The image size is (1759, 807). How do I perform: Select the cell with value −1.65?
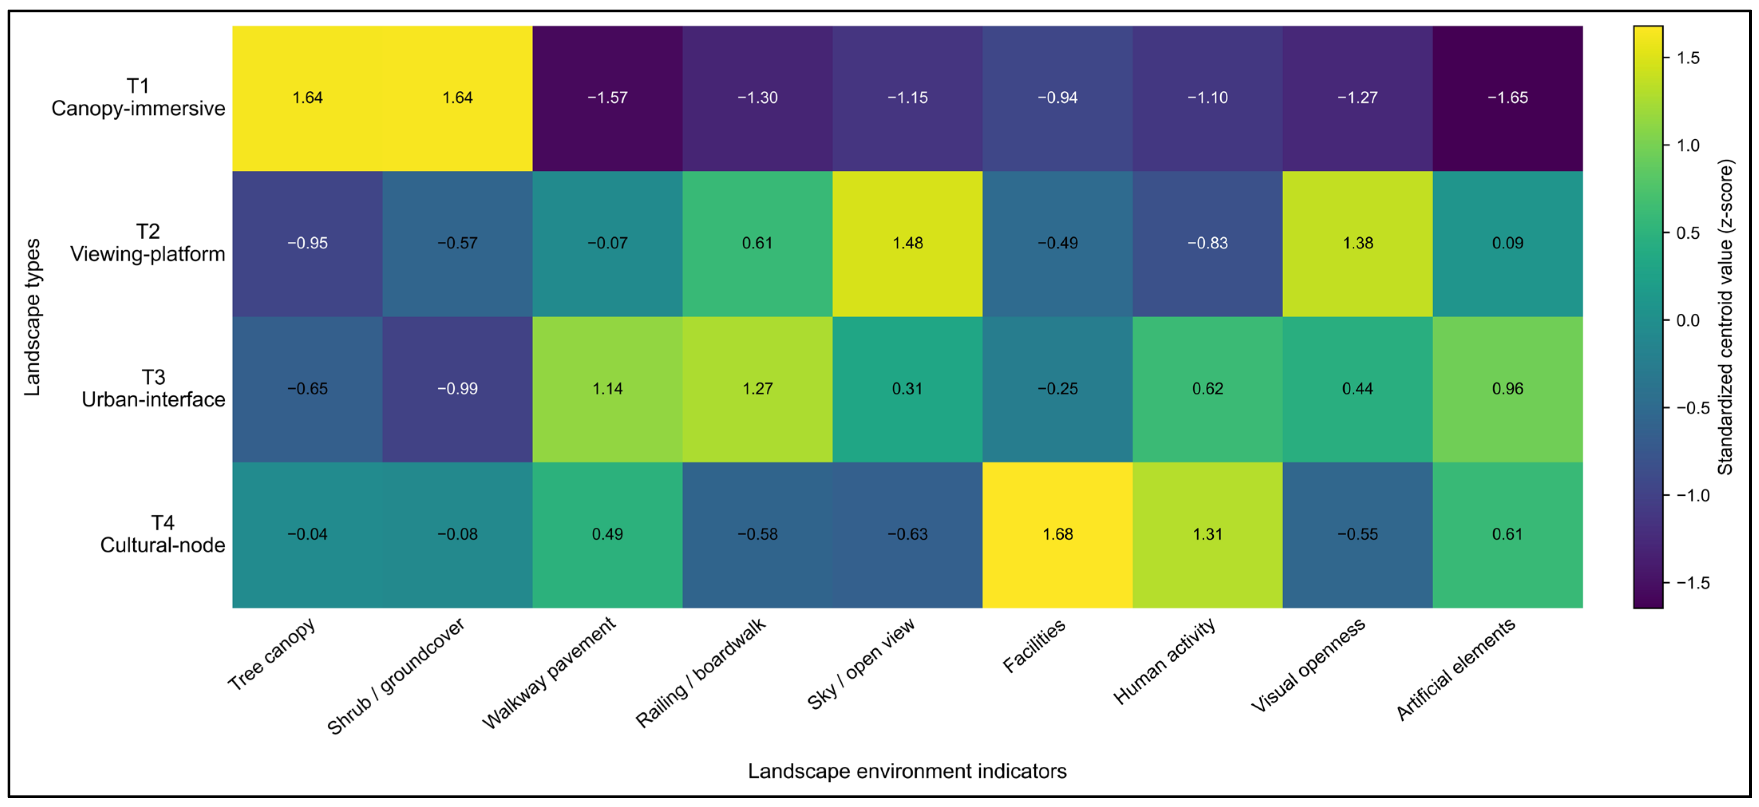coord(1508,98)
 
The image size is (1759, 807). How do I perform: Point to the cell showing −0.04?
coord(307,534)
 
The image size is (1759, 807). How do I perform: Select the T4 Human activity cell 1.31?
coord(1207,534)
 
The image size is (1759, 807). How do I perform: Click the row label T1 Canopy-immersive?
coord(138,97)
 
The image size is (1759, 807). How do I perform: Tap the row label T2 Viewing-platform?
coord(148,242)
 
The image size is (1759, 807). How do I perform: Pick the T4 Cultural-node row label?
coord(162,534)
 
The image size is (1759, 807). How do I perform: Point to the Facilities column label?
coord(1034,645)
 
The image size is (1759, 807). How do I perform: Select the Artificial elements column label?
coord(1456,669)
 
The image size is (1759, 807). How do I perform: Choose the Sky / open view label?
coord(861,664)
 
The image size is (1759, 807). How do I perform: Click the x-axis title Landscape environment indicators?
coord(907,771)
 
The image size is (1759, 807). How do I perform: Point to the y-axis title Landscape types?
coord(32,317)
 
